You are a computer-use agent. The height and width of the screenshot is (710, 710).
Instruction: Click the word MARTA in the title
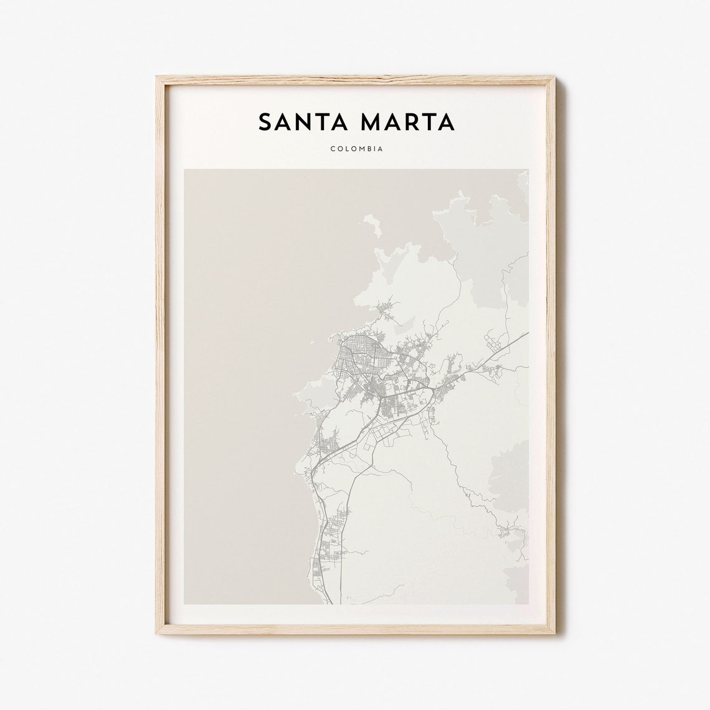pos(414,122)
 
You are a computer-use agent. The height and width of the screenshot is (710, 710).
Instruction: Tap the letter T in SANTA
pos(321,122)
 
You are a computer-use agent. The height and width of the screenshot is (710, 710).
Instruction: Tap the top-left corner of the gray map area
pos(185,169)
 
